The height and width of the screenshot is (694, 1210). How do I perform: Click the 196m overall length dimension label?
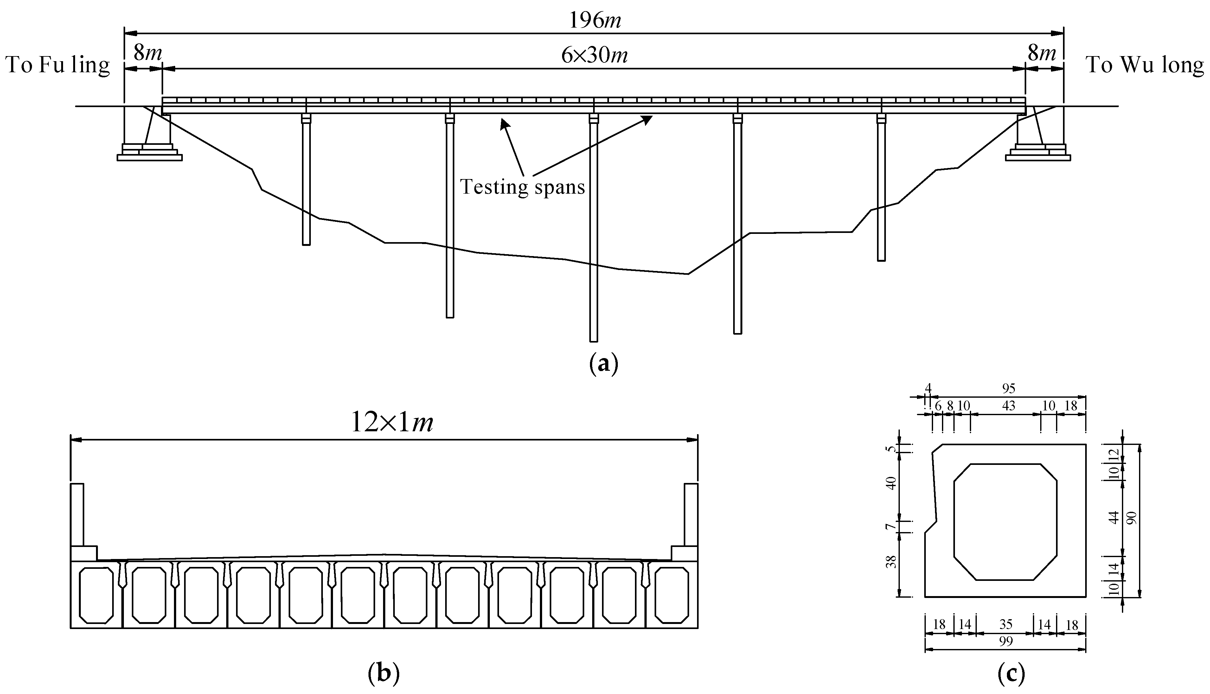click(x=595, y=21)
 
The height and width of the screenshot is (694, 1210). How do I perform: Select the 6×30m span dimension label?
click(x=594, y=56)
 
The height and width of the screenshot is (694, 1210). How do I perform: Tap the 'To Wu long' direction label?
click(x=1144, y=65)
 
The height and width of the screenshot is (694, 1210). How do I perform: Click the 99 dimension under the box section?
click(x=1006, y=642)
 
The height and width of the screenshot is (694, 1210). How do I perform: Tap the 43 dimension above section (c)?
click(x=1008, y=406)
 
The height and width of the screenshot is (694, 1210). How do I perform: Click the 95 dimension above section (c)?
click(x=1008, y=389)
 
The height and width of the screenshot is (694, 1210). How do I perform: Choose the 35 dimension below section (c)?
click(x=1006, y=624)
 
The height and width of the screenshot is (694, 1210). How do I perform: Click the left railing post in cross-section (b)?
click(x=77, y=515)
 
